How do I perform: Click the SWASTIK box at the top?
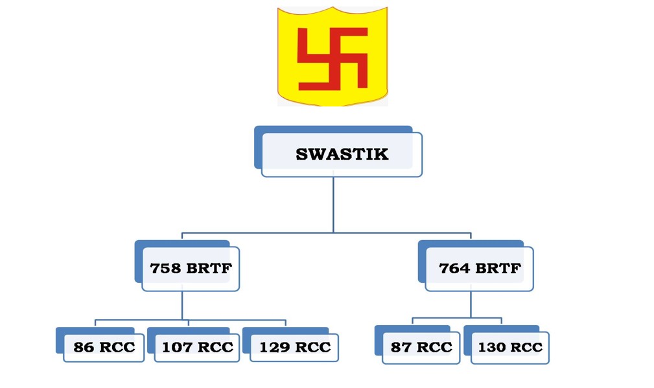click(342, 154)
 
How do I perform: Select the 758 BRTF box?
click(190, 268)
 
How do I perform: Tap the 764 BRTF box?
click(479, 268)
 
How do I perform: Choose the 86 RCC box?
click(104, 347)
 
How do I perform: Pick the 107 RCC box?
click(197, 347)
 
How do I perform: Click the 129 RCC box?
click(294, 347)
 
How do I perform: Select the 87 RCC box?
click(421, 347)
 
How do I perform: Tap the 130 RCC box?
click(510, 347)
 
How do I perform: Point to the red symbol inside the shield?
click(333, 58)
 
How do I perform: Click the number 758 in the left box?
click(165, 268)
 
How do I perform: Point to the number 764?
click(454, 268)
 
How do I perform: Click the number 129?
click(274, 347)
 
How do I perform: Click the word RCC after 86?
click(117, 347)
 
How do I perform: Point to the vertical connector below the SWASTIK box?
click(333, 204)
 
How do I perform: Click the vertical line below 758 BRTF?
click(182, 305)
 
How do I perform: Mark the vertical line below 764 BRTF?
click(471, 304)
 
